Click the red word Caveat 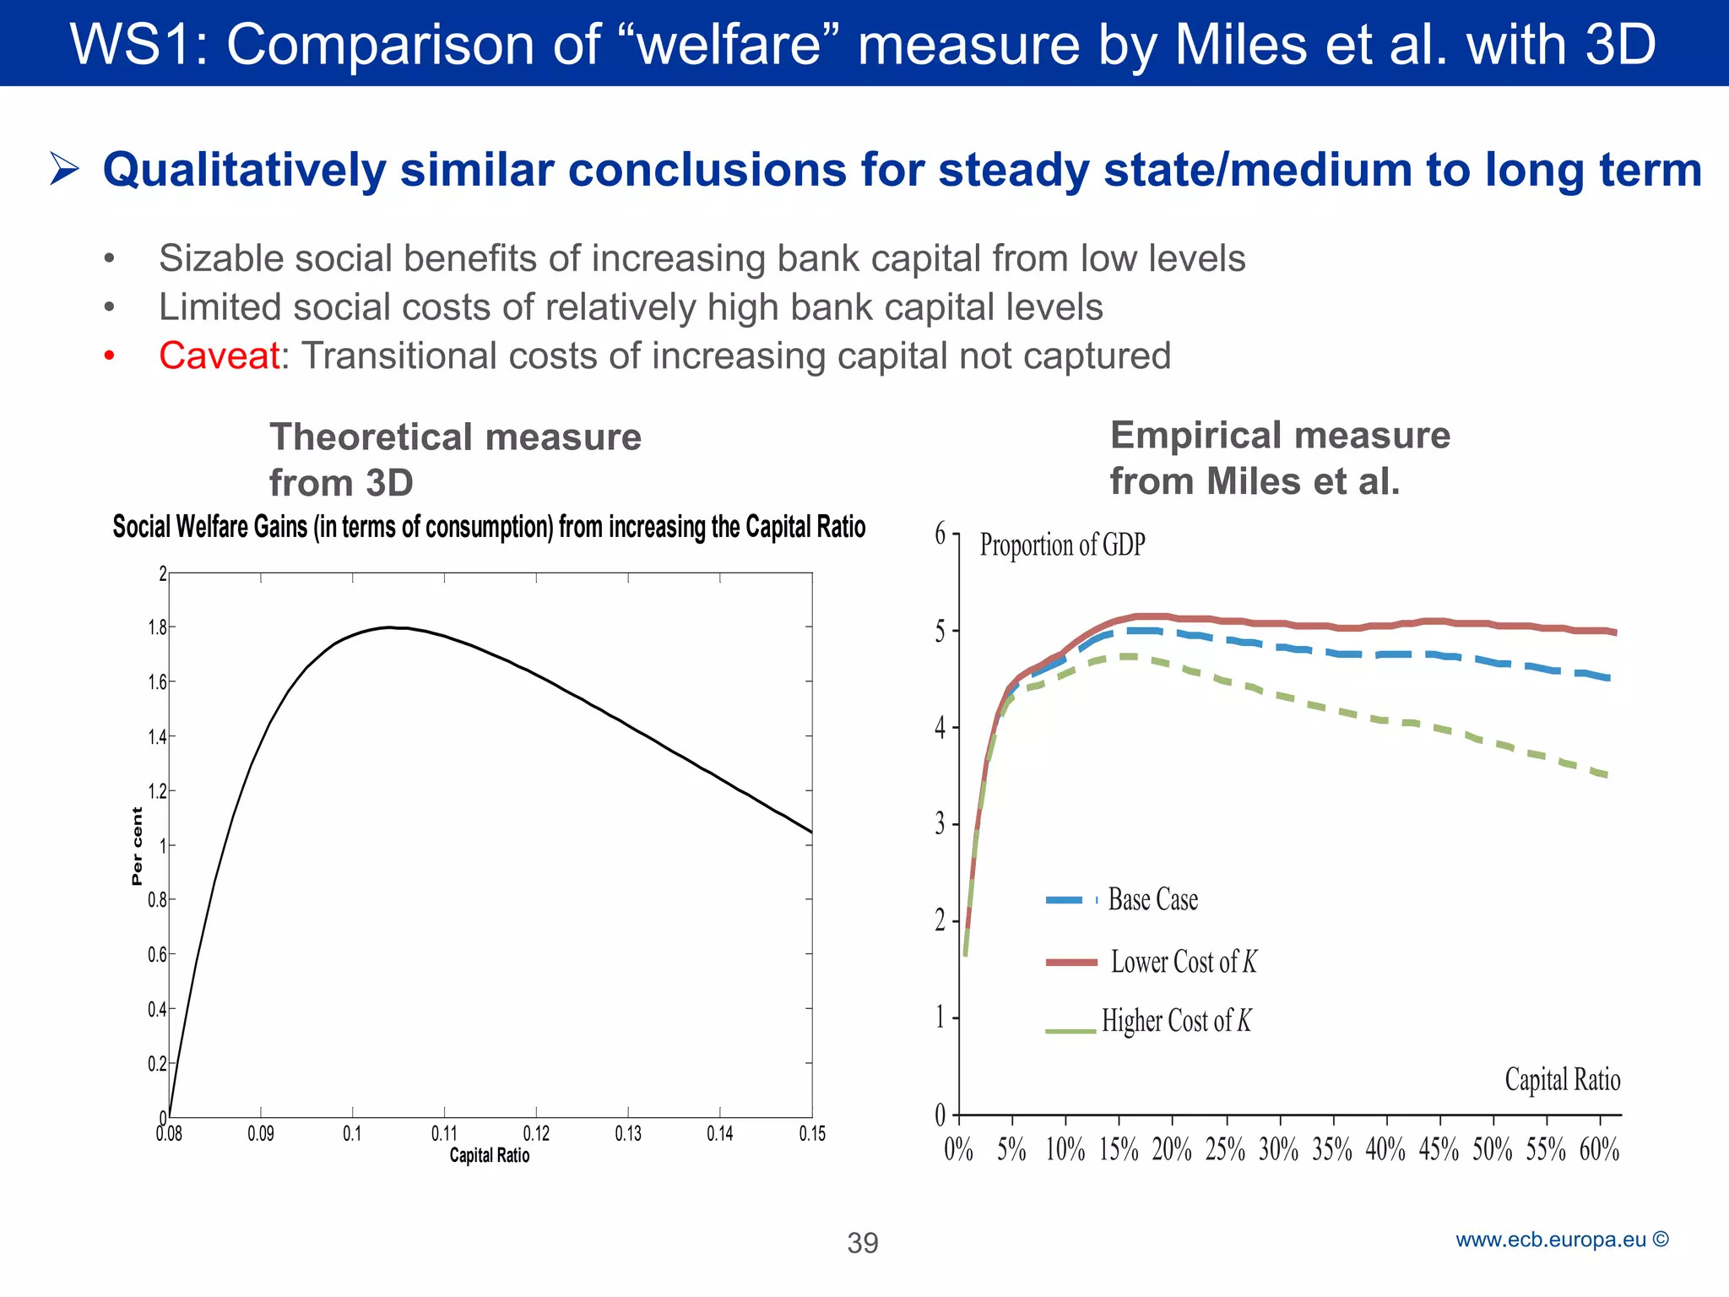point(219,355)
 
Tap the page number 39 point(863,1243)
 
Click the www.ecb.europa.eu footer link point(1561,1240)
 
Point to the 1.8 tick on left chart point(158,627)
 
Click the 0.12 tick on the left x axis point(536,1134)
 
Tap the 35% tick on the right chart point(1332,1149)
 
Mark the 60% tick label point(1599,1149)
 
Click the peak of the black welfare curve point(388,627)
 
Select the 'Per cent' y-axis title point(138,846)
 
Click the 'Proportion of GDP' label point(1061,545)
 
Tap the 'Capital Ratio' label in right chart point(1562,1080)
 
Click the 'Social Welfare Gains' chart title point(489,527)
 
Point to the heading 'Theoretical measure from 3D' point(455,460)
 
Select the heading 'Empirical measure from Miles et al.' point(1279,459)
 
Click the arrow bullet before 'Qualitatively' point(64,169)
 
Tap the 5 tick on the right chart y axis point(940,632)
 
